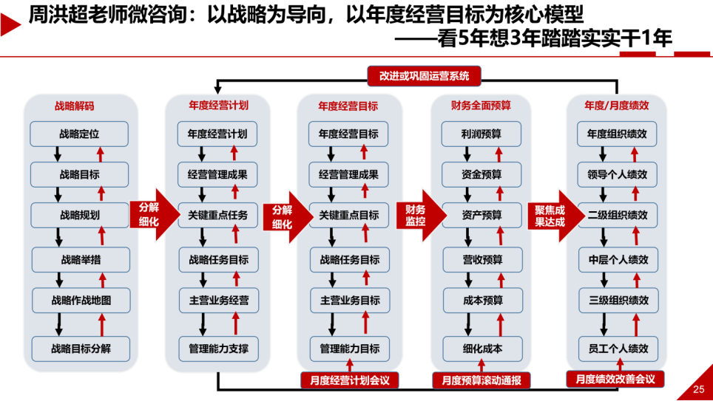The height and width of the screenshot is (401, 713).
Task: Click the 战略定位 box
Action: pyautogui.click(x=80, y=134)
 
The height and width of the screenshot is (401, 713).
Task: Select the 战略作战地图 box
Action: pyautogui.click(x=81, y=300)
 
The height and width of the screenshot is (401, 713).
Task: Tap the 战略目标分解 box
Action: pyautogui.click(x=81, y=348)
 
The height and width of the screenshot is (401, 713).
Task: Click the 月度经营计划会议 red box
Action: pyautogui.click(x=350, y=380)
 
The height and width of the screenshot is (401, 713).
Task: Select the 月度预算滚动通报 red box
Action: pyautogui.click(x=481, y=380)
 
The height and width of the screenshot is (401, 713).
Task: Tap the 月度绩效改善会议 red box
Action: pyautogui.click(x=615, y=379)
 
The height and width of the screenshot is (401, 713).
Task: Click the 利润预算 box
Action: pyautogui.click(x=481, y=134)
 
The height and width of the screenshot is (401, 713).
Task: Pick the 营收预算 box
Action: pyautogui.click(x=482, y=259)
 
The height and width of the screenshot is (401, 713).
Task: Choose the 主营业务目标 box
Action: pyautogui.click(x=350, y=301)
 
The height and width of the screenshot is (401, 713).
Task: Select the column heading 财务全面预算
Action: pyautogui.click(x=481, y=106)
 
